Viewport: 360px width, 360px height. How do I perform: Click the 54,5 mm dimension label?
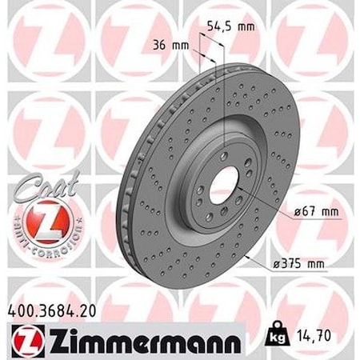tap(230, 26)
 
